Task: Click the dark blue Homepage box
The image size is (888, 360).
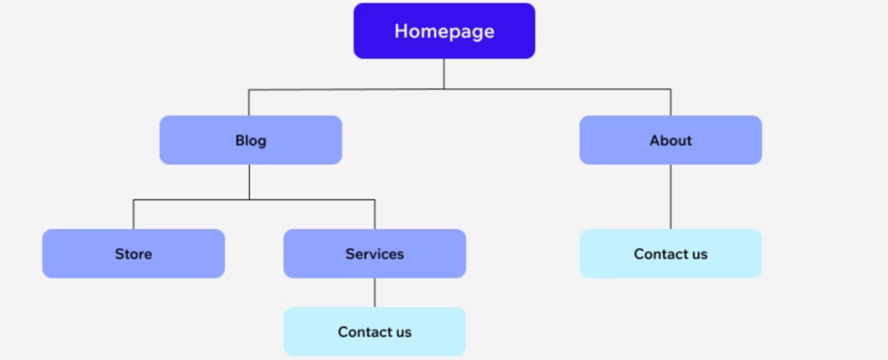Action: [x=444, y=31]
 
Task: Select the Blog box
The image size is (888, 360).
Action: [x=251, y=141]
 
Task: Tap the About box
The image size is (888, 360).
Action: [x=670, y=141]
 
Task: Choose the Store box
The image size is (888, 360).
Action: [x=134, y=254]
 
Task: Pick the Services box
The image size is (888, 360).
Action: [x=375, y=254]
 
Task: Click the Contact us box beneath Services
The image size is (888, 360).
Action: [x=375, y=331]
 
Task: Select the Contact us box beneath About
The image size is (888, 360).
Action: [x=670, y=254]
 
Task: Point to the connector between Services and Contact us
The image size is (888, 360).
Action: [x=375, y=292]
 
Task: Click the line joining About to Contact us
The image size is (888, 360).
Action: [x=670, y=197]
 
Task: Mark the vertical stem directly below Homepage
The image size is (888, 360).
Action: [x=444, y=74]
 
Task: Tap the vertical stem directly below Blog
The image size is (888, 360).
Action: [x=250, y=182]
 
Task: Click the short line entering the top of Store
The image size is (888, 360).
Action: [x=134, y=215]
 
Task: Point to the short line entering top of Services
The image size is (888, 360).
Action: [x=375, y=215]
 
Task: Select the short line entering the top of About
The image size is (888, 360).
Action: [x=670, y=102]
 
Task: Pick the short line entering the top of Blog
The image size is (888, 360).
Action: [x=250, y=102]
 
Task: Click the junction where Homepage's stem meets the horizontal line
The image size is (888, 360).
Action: [x=444, y=88]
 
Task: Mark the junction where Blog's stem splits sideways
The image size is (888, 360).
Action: [x=250, y=200]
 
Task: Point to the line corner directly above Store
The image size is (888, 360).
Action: [x=134, y=200]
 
